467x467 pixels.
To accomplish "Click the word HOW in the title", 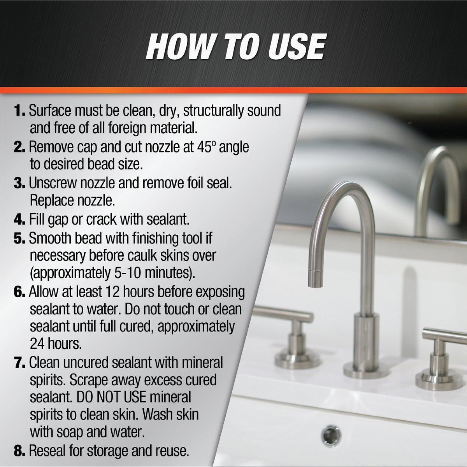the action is click(179, 47).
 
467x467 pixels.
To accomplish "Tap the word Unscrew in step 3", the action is click(53, 183).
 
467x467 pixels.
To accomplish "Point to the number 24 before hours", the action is click(37, 344).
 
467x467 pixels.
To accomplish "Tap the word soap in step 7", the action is click(70, 432).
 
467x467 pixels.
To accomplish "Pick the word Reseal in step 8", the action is click(47, 451).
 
